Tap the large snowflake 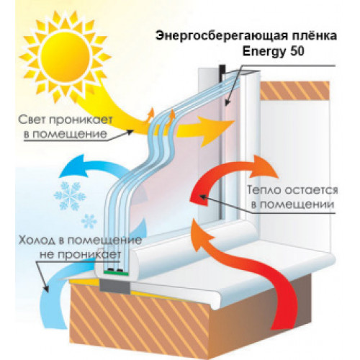tap(70, 196)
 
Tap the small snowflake tap(89, 221)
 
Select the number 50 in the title tap(297, 51)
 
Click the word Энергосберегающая tap(219, 36)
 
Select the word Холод tap(37, 240)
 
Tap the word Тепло tap(264, 190)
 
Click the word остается tap(311, 190)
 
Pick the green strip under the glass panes tap(117, 273)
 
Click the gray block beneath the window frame tap(115, 287)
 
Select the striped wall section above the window tap(294, 91)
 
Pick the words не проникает tap(80, 254)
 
